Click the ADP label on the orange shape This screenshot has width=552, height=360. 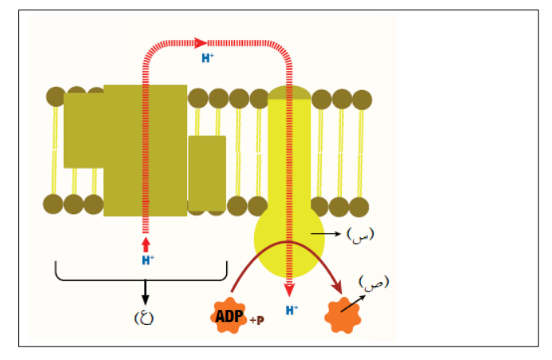(x=229, y=316)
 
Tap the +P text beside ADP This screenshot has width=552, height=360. (x=257, y=320)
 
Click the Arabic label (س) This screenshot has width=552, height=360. (x=360, y=235)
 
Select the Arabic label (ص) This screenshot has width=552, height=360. (x=374, y=283)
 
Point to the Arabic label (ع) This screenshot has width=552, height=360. (x=144, y=318)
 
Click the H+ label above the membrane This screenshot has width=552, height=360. (x=208, y=57)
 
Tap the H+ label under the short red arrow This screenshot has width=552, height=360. (x=148, y=260)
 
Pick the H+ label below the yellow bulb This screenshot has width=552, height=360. (x=292, y=310)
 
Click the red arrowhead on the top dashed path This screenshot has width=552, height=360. (x=201, y=43)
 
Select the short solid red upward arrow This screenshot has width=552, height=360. (x=146, y=245)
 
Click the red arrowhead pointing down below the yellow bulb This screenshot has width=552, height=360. (x=289, y=291)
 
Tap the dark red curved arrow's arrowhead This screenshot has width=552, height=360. (x=338, y=288)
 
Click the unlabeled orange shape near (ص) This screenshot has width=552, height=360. (x=343, y=315)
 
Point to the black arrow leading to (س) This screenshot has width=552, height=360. (x=326, y=233)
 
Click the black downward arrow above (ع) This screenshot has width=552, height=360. (x=145, y=292)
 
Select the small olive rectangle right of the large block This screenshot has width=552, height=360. (x=207, y=173)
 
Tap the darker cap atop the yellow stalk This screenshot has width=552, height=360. (x=289, y=92)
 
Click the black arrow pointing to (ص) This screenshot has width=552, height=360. (x=353, y=303)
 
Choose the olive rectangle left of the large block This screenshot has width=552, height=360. (x=84, y=130)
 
